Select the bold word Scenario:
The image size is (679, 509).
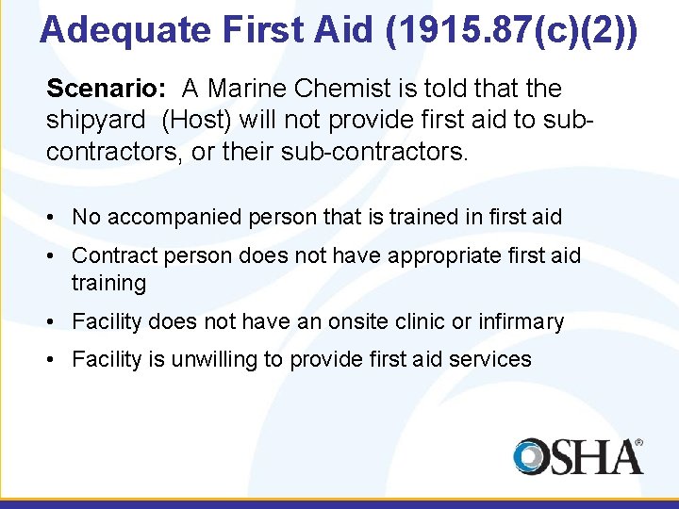107,89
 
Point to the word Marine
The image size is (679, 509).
249,89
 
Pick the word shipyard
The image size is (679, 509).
98,120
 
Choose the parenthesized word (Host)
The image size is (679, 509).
198,120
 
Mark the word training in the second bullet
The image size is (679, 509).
109,283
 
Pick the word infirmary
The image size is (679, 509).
520,321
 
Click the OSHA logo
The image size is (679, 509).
577,456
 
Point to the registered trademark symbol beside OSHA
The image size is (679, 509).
638,441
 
